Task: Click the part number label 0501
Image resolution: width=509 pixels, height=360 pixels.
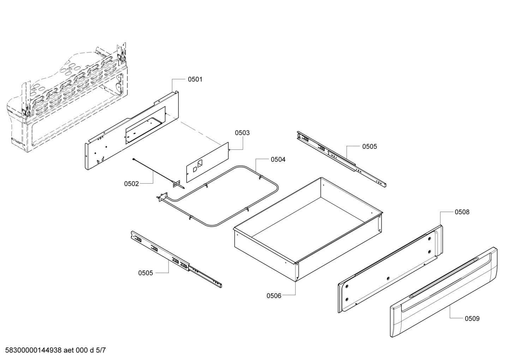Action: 195,79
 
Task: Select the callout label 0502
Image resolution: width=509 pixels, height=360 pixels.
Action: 131,184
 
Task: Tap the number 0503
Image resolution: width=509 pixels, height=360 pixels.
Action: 242,133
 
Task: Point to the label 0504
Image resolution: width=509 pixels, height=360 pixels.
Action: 278,160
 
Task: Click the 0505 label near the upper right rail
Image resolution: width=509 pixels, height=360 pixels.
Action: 369,147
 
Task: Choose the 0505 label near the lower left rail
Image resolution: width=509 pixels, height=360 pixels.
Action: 145,273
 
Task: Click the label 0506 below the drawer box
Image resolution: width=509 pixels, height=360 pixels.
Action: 274,296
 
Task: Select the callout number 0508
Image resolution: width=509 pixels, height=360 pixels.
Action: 462,212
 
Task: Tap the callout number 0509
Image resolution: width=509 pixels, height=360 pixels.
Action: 472,319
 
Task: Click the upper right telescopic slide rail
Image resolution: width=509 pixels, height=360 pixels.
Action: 342,159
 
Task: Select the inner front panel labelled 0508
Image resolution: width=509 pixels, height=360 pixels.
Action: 388,268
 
